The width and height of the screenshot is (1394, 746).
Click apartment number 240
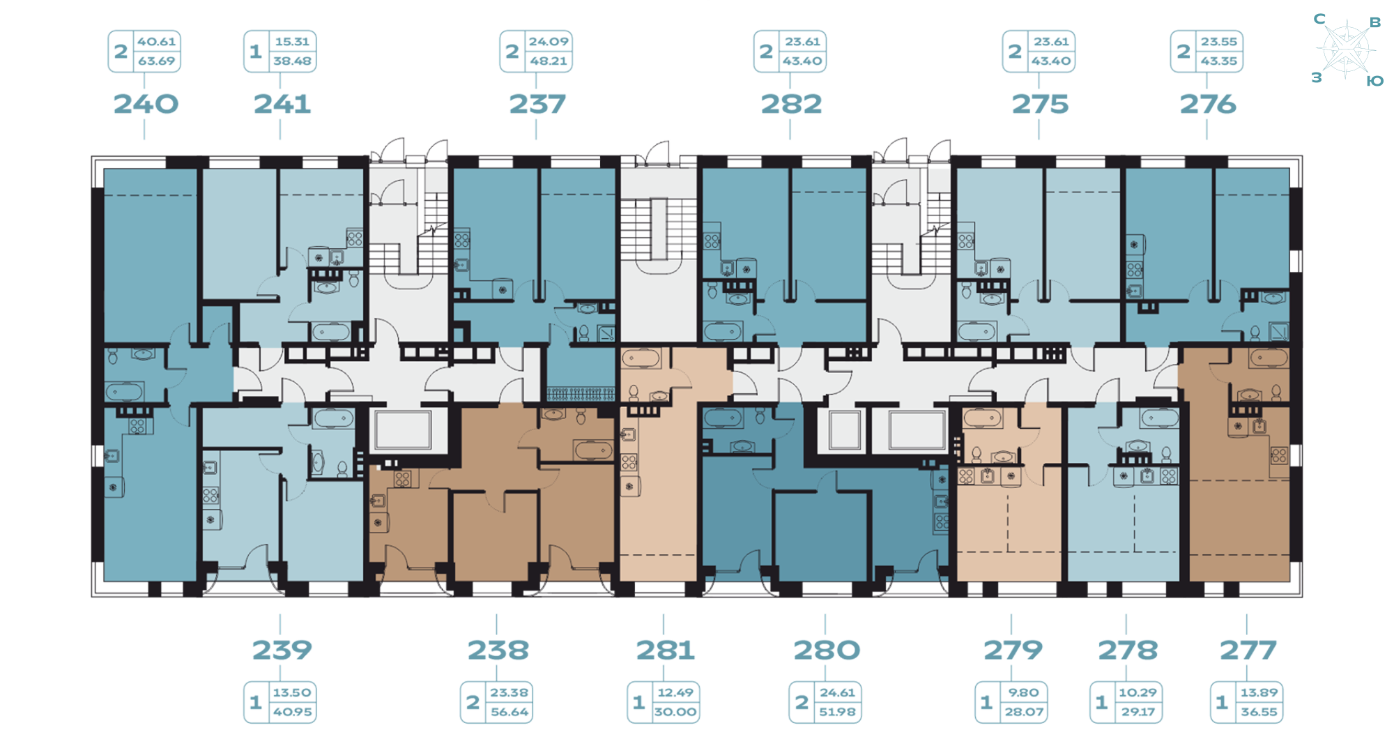146,105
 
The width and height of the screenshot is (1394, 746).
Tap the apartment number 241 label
282,105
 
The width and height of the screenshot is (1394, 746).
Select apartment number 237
537,105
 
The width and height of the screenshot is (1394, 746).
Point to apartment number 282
791,105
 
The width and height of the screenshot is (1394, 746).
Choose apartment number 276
1208,105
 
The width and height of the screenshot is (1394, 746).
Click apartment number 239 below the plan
282,650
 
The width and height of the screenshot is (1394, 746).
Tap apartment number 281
665,650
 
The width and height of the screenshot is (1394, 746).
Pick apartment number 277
1248,650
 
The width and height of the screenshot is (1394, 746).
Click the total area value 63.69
156,61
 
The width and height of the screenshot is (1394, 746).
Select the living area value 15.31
292,42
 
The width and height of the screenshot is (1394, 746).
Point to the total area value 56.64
509,713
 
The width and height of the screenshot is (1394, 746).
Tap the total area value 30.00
675,713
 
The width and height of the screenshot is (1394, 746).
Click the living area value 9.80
1023,693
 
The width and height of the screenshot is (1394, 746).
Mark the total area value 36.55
1259,713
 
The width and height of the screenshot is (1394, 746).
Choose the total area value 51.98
837,713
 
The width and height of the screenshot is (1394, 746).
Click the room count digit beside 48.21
512,52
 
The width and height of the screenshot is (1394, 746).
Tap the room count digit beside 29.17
1101,703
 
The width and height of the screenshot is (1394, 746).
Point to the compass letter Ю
1374,82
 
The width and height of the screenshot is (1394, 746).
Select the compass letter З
1317,77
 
